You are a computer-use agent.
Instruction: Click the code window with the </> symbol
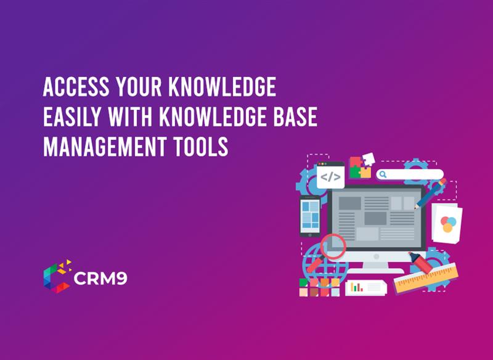click(331, 175)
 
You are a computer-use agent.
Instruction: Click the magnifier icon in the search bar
click(383, 174)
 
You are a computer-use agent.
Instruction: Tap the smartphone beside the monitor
click(310, 216)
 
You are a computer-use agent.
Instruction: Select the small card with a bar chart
click(365, 287)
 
